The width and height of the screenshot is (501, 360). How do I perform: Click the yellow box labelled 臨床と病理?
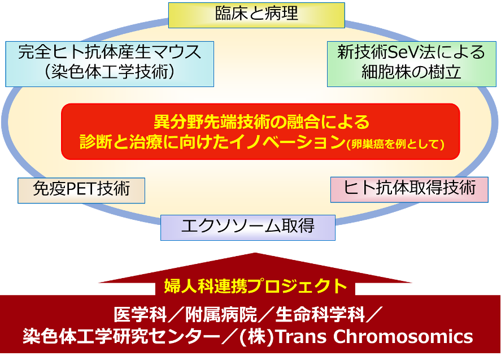coord(256,15)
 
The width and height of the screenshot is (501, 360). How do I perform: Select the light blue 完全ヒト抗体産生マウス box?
coord(110,64)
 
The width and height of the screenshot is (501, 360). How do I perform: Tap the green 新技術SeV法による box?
coord(412,64)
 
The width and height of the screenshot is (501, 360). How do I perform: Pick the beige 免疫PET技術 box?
coord(81,190)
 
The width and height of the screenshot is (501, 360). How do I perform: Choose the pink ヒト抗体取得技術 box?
coord(409,189)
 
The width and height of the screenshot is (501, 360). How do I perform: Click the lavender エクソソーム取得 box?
coord(247,228)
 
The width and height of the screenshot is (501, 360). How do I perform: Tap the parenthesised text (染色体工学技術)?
coord(110,72)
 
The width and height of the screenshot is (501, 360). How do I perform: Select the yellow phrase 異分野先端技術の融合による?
coord(262,122)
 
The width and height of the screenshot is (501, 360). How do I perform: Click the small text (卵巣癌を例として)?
coord(395,144)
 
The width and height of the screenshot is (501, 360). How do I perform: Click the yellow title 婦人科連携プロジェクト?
coord(255,285)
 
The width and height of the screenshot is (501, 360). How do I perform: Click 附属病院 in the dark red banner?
coord(221,314)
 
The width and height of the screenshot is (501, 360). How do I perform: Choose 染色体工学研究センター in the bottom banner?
coord(121,337)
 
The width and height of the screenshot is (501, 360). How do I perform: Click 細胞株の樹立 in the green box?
coord(412,72)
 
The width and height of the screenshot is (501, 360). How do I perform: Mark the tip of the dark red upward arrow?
coord(255,253)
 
